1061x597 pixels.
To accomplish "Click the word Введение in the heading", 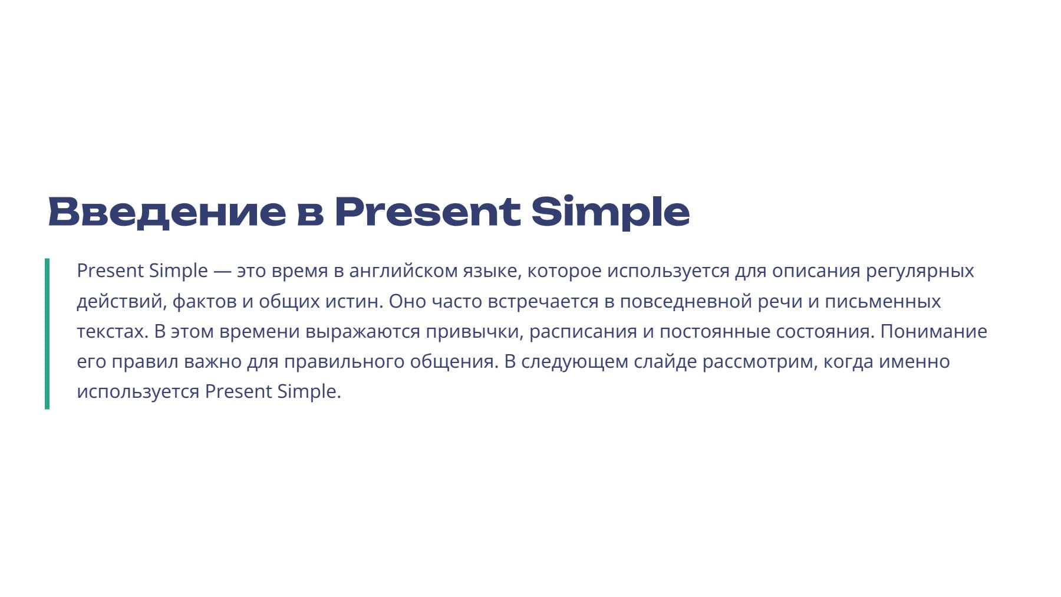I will [167, 212].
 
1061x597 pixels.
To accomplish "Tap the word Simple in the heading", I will [610, 212].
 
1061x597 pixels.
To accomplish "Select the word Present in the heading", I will [427, 212].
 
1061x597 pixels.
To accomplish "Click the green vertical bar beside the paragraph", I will [47, 334].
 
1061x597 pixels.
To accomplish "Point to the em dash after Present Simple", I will [222, 271].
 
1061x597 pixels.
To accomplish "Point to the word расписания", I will [583, 332].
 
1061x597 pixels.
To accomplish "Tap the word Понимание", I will [933, 332].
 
